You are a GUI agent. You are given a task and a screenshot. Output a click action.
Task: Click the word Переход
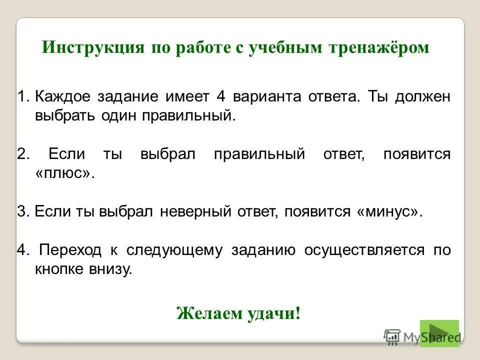70,250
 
